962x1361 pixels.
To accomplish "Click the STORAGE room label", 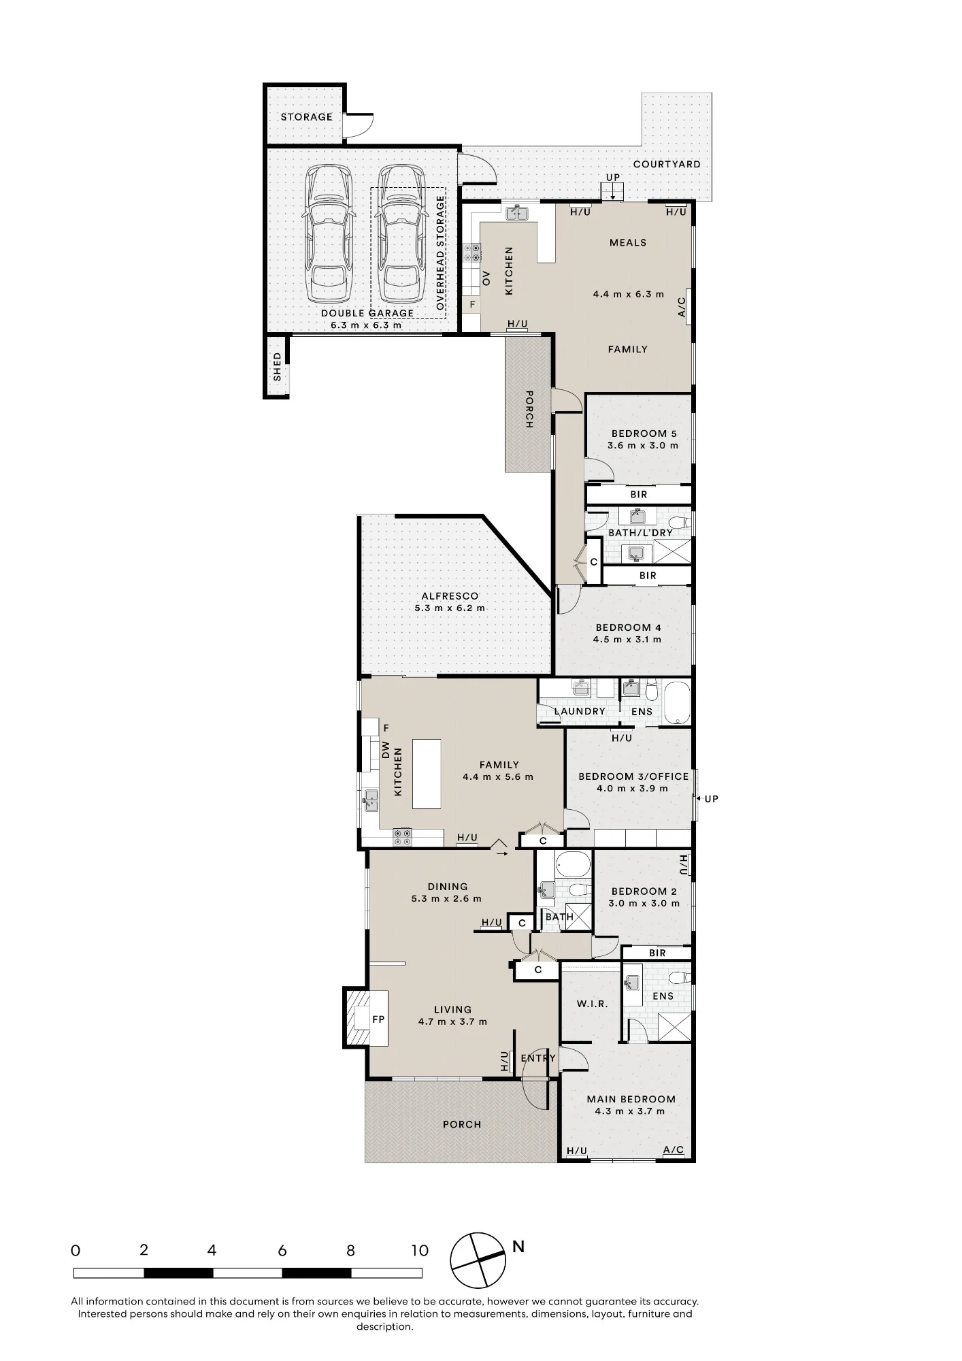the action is point(307,117).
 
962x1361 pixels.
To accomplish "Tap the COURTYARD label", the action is point(667,164).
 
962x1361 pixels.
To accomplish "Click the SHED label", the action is point(277,366).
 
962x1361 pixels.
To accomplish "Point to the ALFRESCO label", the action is point(450,596).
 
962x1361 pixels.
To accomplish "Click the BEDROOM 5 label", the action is point(644,433).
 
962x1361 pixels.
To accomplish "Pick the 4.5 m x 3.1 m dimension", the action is point(627,640).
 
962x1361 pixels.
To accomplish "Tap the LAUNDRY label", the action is point(580,711).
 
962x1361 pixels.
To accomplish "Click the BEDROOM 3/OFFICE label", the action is point(633,776).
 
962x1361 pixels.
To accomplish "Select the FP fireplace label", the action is point(378,1019).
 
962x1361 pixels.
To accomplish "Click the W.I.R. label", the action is point(592,1004).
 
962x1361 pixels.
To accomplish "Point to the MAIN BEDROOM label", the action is point(631,1099).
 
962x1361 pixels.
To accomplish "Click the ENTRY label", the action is point(538,1058).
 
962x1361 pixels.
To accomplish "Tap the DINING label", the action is point(448,887).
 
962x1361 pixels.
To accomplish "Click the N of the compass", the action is point(518,1247).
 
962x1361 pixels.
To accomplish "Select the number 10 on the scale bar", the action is point(420,1250).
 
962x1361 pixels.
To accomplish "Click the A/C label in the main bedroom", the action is point(674,1150).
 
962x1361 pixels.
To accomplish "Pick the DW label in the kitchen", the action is point(385,750).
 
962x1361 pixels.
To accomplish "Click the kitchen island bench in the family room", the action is point(427,774).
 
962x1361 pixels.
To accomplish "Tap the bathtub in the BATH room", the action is point(573,865).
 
